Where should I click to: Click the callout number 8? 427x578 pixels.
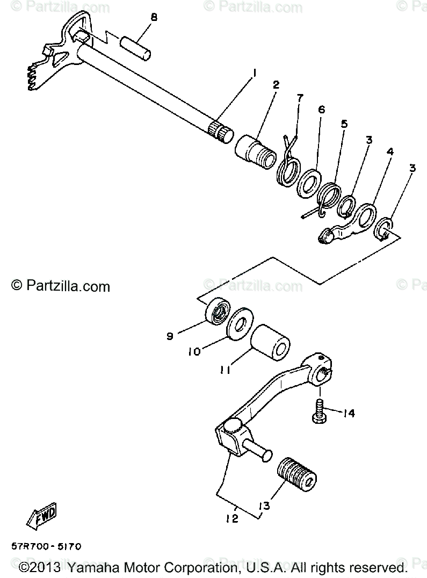(x=154, y=17)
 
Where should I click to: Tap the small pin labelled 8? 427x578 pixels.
(x=137, y=46)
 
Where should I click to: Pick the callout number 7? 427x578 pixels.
(x=300, y=98)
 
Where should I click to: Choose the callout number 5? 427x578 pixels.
(x=344, y=124)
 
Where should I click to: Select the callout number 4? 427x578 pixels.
(x=390, y=152)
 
